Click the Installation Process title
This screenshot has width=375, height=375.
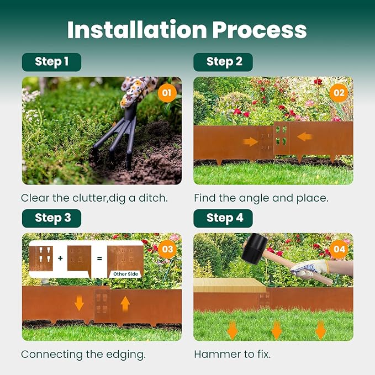187,30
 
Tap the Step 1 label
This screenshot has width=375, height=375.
51,62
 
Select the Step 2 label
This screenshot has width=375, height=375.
224,62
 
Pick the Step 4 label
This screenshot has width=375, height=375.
224,218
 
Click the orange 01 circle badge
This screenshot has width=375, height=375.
167,92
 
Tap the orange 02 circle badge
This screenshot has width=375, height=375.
338,92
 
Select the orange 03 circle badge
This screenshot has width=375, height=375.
167,249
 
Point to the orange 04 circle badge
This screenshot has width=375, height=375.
338,249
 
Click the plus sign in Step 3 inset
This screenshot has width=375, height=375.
61,258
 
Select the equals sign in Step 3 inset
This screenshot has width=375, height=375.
100,258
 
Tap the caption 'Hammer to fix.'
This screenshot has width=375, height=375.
232,355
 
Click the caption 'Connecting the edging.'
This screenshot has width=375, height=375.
83,355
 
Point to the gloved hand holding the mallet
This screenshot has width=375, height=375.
309,270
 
